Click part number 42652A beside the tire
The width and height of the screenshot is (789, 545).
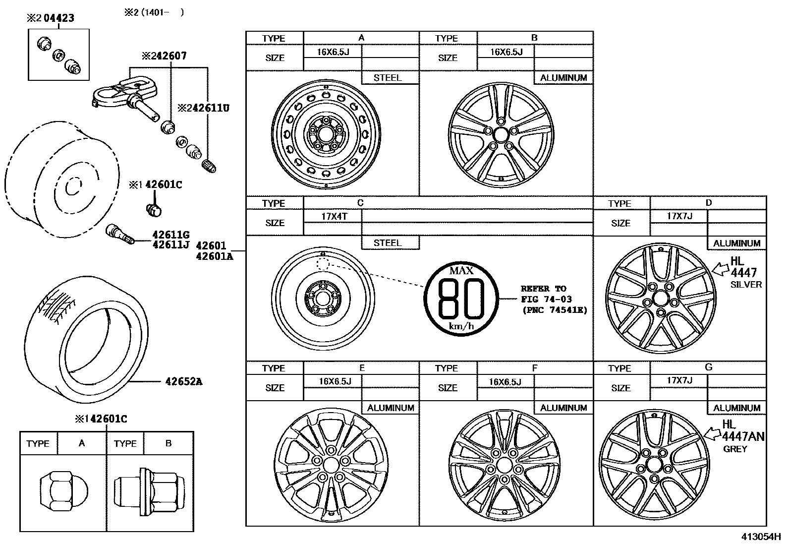[x=184, y=381]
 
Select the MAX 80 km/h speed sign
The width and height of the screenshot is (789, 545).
[x=461, y=298]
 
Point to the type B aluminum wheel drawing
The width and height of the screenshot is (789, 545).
[x=500, y=134]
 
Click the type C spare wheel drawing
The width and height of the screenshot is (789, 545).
[x=323, y=299]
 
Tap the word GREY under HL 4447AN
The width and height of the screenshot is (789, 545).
[x=735, y=449]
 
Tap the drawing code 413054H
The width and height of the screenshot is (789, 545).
[x=761, y=537]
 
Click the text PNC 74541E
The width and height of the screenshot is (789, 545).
[x=554, y=310]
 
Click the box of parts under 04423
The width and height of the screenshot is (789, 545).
[x=58, y=55]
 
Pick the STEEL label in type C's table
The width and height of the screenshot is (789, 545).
[x=388, y=243]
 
